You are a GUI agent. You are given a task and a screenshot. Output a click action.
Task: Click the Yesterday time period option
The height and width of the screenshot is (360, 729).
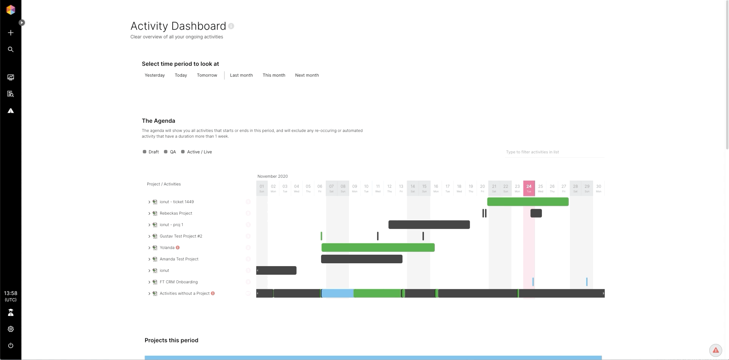[155, 75]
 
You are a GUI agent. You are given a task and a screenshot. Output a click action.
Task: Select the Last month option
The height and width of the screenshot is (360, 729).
[241, 75]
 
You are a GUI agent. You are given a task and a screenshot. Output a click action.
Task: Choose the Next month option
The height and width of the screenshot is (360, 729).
[307, 75]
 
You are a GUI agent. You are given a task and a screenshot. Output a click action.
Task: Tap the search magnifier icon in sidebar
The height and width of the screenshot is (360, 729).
[11, 49]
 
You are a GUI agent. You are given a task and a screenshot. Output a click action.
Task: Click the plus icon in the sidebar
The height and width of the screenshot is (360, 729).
[11, 33]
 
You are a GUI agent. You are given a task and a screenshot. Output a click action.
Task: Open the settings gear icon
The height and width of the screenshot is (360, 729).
[11, 329]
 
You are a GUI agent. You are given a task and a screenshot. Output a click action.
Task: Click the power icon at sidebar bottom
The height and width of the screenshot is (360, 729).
[11, 346]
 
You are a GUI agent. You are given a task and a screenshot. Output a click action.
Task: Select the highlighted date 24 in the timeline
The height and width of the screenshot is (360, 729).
[529, 188]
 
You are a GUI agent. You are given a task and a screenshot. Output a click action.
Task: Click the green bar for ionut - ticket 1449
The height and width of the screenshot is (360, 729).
[528, 202]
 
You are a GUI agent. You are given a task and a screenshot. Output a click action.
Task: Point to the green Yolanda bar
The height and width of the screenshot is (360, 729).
[378, 248]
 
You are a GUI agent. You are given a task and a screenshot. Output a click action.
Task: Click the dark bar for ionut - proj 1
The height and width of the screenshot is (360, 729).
[429, 225]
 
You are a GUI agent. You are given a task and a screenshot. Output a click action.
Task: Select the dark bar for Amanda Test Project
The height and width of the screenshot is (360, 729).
[361, 259]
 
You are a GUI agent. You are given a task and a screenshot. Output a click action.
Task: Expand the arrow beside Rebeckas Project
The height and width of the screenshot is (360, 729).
[149, 213]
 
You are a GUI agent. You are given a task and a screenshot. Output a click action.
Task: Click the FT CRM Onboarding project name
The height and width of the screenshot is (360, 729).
[178, 282]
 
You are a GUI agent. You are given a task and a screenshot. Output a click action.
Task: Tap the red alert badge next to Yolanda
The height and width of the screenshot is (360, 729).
[178, 248]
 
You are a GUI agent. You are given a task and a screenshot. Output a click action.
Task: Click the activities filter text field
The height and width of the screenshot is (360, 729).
[554, 152]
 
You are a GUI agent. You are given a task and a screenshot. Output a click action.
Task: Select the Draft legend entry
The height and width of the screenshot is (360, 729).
[151, 152]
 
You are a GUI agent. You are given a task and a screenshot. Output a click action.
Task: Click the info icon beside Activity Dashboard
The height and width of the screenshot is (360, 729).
[231, 26]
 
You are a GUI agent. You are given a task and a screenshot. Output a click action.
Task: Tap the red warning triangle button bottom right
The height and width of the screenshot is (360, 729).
[715, 350]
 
